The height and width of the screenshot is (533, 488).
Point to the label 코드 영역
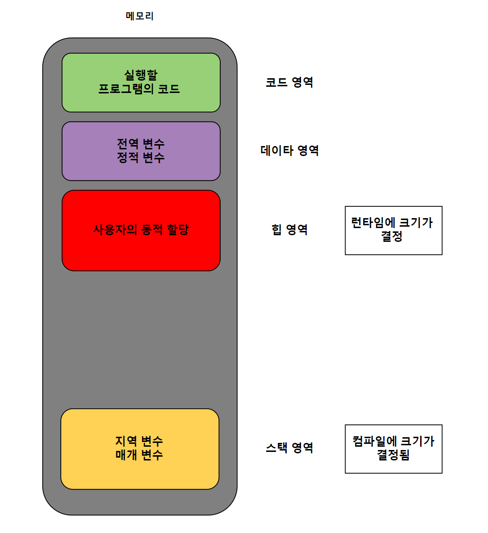click(289, 83)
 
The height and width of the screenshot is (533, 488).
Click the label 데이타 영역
click(290, 151)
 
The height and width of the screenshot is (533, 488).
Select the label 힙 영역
click(290, 230)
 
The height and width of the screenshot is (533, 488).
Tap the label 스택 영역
click(289, 448)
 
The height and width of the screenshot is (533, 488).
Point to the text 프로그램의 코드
click(139, 89)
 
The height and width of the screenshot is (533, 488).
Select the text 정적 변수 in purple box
click(141, 157)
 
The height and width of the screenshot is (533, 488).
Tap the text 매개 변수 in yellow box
click(139, 455)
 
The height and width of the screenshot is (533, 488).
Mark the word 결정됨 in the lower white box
click(394, 456)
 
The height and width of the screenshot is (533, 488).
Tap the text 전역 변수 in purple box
click(141, 144)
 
